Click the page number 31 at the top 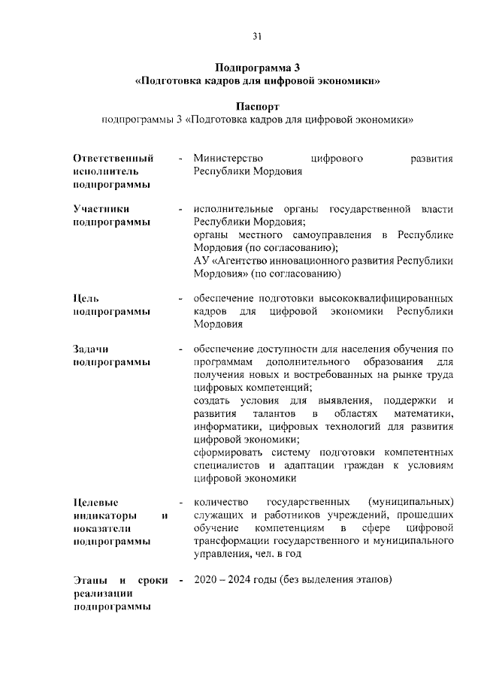coord(257,35)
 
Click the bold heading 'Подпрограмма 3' coord(257,66)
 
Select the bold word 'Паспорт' coord(257,107)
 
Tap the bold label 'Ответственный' coord(113,159)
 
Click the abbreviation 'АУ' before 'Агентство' coord(201,261)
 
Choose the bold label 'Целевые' coord(96,503)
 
